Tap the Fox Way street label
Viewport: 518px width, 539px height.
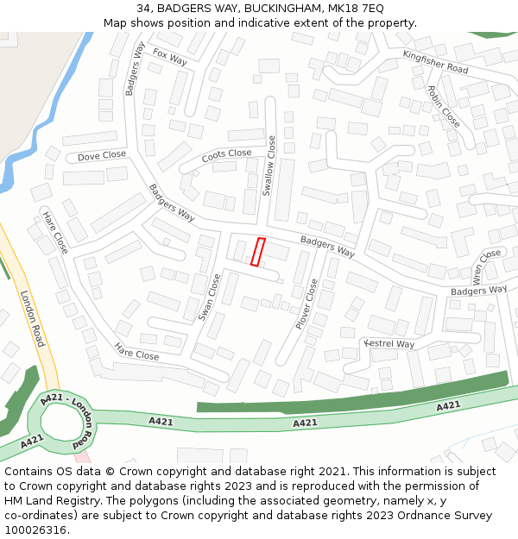pyautogui.click(x=170, y=57)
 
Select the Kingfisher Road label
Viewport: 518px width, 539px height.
pyautogui.click(x=435, y=61)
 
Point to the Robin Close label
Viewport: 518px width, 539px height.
pyautogui.click(x=444, y=106)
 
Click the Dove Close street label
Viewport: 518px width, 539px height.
pyautogui.click(x=102, y=156)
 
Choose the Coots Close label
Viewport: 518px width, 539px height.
pyautogui.click(x=227, y=156)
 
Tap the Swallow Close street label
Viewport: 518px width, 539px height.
pyautogui.click(x=269, y=166)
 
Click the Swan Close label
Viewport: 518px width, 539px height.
pyautogui.click(x=210, y=298)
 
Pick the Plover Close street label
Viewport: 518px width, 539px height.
pyautogui.click(x=306, y=304)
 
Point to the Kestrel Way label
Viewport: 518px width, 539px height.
pyautogui.click(x=389, y=344)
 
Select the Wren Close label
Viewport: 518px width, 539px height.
pyautogui.click(x=487, y=267)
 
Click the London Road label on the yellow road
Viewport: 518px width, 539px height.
pyautogui.click(x=32, y=318)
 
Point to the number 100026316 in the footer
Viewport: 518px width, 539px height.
pyautogui.click(x=35, y=530)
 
